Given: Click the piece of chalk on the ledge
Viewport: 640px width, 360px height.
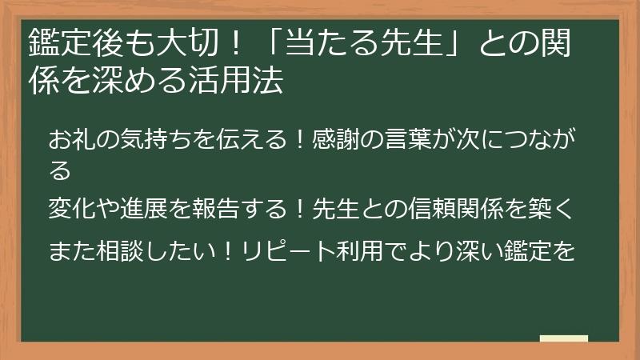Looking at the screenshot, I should [563, 338].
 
